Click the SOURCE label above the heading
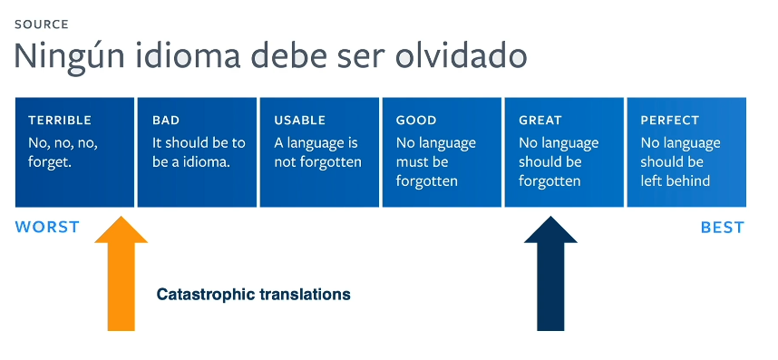click(x=42, y=24)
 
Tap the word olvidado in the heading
click(x=461, y=55)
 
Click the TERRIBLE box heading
click(x=60, y=121)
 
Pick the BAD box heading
click(x=166, y=121)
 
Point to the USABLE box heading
click(x=300, y=121)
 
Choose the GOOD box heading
click(x=416, y=121)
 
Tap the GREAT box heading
click(x=540, y=121)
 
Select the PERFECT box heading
click(x=670, y=121)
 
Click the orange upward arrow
click(x=122, y=273)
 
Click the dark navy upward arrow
click(x=550, y=273)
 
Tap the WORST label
click(x=47, y=227)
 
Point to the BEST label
click(x=723, y=227)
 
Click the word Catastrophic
click(x=206, y=295)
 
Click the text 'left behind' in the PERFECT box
click(x=675, y=180)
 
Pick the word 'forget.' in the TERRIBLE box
click(x=50, y=162)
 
